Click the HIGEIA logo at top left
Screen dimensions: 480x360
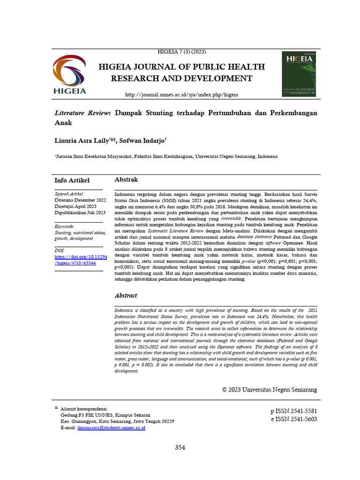coord(69,75)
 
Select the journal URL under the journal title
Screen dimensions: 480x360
coord(181,95)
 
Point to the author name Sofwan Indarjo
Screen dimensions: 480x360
coord(142,140)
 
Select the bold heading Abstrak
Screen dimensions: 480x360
coord(126,180)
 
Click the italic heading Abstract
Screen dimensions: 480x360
coord(126,296)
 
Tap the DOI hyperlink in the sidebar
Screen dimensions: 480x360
coord(78,260)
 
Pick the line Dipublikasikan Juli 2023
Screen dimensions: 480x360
coord(80,212)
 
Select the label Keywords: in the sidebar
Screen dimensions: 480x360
coord(65,226)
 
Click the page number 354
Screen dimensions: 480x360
coord(180,448)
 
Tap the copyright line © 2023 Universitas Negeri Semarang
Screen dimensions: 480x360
coord(270,390)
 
